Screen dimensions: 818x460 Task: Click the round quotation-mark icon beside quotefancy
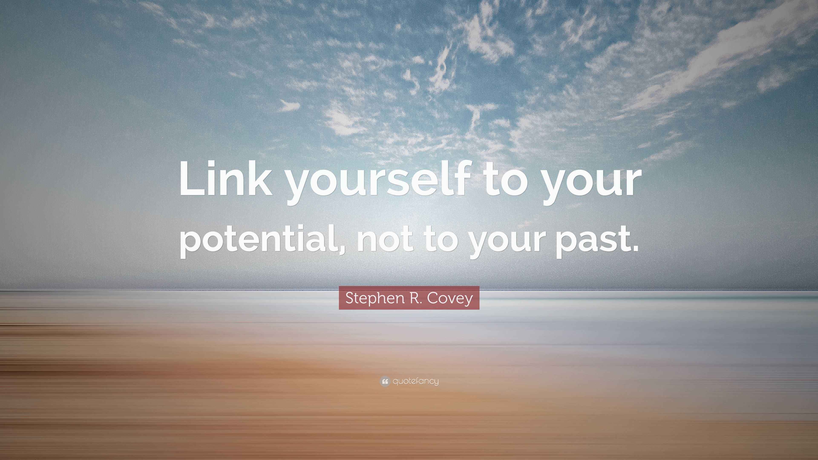click(x=385, y=381)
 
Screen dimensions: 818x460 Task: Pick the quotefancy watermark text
click(x=416, y=381)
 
